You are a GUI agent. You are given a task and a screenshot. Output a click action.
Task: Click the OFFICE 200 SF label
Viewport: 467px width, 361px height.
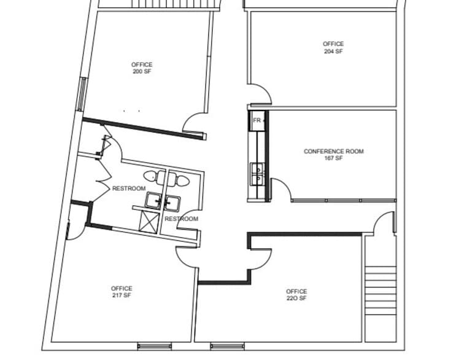click(142, 68)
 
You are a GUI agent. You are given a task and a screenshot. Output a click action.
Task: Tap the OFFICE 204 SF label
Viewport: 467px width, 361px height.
click(333, 48)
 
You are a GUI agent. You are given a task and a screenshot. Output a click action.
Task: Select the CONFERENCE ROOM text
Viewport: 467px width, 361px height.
click(333, 151)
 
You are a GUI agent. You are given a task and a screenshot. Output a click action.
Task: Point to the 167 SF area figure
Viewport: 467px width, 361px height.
click(333, 158)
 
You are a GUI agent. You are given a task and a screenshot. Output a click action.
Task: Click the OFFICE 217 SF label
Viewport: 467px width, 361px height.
click(122, 292)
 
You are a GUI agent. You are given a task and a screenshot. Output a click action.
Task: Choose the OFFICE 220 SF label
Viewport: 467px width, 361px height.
click(296, 295)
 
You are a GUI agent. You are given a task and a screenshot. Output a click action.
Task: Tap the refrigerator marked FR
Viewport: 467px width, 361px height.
click(257, 120)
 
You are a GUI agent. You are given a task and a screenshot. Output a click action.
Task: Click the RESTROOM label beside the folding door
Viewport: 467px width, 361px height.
click(129, 188)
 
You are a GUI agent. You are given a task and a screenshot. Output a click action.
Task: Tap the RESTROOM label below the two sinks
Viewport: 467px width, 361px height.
click(181, 219)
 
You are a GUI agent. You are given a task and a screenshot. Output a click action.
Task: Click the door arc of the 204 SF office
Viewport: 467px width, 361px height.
click(260, 95)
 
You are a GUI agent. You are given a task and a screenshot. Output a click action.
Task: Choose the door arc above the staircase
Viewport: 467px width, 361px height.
click(385, 223)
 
